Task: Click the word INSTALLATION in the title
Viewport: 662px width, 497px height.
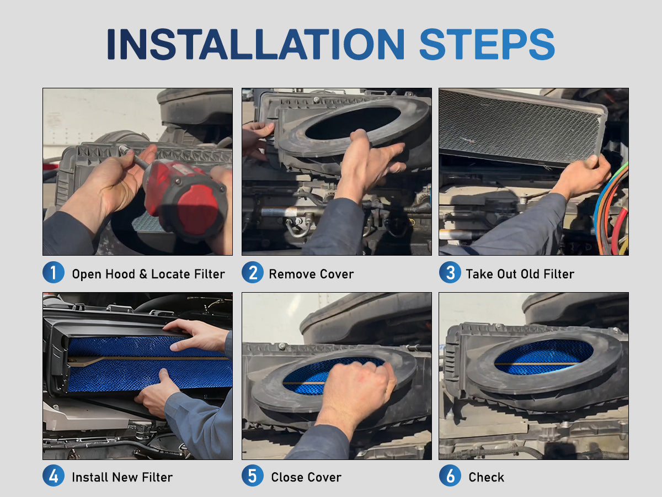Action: tap(256, 44)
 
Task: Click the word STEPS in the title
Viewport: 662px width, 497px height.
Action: tap(487, 44)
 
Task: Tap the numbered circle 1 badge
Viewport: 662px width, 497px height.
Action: tap(54, 272)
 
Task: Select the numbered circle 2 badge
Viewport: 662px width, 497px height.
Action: tap(253, 272)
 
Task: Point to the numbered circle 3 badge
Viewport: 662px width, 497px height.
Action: tap(450, 272)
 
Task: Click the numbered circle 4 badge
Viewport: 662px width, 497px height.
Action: tap(54, 475)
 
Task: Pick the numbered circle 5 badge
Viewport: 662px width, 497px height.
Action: tap(253, 475)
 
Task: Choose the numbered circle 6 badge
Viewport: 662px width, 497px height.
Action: tap(450, 475)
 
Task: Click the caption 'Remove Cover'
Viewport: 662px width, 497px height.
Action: tap(311, 274)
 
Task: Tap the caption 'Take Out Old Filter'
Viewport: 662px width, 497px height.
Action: tap(520, 274)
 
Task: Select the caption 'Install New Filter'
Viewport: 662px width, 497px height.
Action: tap(122, 477)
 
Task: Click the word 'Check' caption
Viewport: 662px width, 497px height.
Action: tap(486, 477)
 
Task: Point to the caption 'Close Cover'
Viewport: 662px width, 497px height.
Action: tap(306, 477)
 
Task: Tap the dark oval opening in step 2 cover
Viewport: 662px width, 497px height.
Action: tap(353, 123)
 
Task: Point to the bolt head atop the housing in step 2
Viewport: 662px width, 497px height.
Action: tap(316, 99)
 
